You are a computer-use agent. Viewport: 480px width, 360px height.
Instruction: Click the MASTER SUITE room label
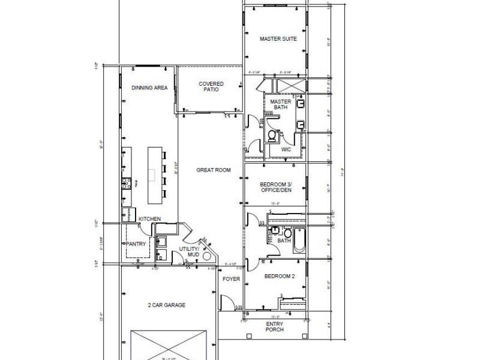278,39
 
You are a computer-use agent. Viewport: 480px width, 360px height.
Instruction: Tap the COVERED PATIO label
211,87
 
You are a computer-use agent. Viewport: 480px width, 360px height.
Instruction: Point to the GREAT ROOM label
214,170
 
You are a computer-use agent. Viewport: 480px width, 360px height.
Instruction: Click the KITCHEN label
149,219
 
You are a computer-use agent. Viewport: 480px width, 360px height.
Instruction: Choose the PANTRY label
135,244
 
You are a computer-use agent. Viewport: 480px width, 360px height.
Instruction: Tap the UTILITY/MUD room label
189,252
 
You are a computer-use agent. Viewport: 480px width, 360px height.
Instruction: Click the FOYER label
231,279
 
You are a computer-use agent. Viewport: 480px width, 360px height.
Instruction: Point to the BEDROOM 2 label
277,276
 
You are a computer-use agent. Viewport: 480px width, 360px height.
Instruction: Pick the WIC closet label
286,148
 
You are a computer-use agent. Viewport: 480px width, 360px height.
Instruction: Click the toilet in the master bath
272,136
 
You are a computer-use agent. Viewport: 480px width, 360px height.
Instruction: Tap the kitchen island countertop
155,174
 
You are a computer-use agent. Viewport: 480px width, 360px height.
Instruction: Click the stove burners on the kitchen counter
126,183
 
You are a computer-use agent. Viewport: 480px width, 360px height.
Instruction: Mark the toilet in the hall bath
287,233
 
